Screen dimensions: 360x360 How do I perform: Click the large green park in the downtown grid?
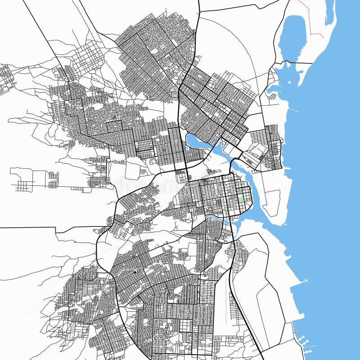click(x=241, y=198)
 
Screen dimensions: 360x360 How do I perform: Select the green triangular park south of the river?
click(x=209, y=236)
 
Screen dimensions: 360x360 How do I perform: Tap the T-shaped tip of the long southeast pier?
click(x=307, y=281)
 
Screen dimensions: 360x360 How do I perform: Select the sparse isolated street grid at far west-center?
click(x=25, y=184)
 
